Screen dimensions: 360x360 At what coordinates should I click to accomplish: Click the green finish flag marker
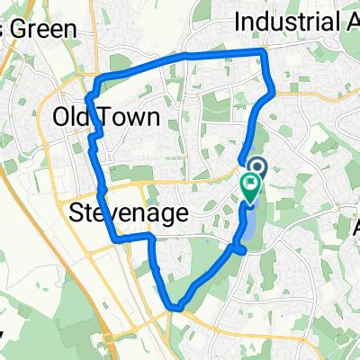(x=249, y=187)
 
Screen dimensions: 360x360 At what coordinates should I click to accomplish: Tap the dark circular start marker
(x=256, y=166)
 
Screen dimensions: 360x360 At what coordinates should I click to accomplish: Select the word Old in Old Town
(x=71, y=117)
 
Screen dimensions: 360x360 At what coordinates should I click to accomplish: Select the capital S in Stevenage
(x=77, y=214)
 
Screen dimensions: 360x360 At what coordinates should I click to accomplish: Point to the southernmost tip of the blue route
(x=176, y=309)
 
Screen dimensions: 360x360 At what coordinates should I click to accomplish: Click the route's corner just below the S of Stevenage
(x=114, y=239)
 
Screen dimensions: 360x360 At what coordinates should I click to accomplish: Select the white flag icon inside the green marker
(x=249, y=184)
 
